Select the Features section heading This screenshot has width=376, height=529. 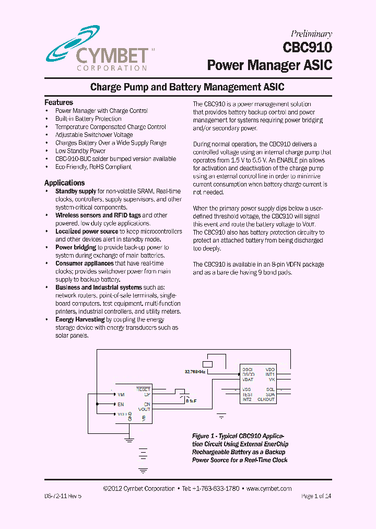click(x=58, y=102)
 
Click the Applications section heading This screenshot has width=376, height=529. click(x=64, y=183)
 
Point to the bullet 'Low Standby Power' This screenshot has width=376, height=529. click(x=80, y=151)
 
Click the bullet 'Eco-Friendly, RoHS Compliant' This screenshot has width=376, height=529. click(x=93, y=167)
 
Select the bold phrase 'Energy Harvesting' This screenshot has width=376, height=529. click(x=80, y=319)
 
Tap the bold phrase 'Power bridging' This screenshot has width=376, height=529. click(x=76, y=247)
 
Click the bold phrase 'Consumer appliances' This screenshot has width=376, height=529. click(x=84, y=263)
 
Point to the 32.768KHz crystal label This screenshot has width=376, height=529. click(x=195, y=372)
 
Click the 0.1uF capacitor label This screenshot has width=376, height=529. click(x=191, y=401)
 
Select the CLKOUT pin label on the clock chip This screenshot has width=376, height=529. click(x=266, y=399)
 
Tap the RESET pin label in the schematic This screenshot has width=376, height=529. click(x=143, y=389)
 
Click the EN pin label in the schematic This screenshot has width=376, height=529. click(x=121, y=404)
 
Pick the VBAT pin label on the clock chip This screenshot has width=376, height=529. click(x=248, y=379)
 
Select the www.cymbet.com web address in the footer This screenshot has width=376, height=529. click(x=268, y=489)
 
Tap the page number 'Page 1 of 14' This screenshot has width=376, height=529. click(x=316, y=496)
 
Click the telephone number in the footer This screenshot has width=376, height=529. click(x=216, y=489)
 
